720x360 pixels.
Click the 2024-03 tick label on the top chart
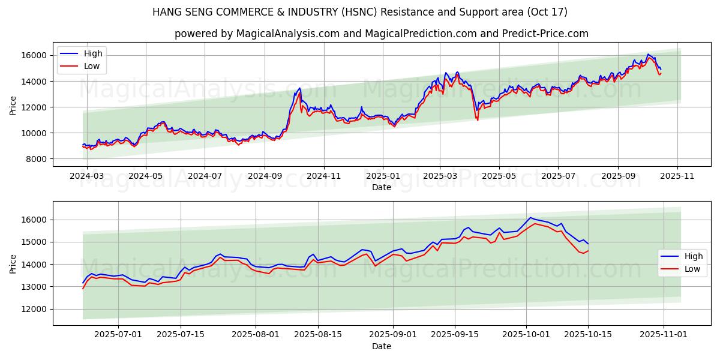(87, 176)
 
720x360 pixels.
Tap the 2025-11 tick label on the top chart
(677, 176)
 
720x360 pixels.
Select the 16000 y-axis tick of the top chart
(35, 55)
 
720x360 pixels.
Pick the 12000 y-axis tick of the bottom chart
(35, 309)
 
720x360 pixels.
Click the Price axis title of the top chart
(13, 106)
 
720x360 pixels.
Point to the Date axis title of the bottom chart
(382, 346)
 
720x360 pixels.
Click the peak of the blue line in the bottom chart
(530, 217)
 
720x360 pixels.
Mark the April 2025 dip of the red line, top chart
(478, 120)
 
